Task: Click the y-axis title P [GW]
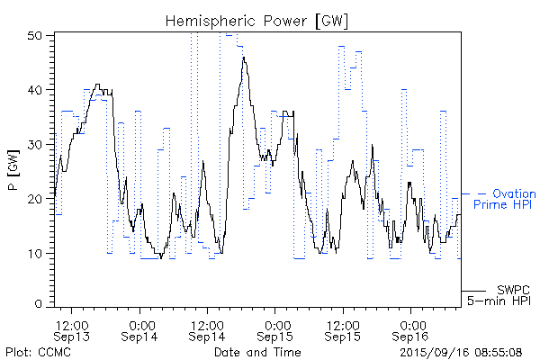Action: tap(13, 171)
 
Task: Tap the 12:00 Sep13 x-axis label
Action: tap(71, 329)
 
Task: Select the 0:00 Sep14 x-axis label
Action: tap(139, 329)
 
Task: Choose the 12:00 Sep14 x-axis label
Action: tap(207, 329)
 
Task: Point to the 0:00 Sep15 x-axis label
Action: tap(275, 329)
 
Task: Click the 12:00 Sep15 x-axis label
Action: tap(344, 329)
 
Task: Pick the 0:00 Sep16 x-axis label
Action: tap(411, 329)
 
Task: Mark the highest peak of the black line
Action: tap(243, 57)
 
